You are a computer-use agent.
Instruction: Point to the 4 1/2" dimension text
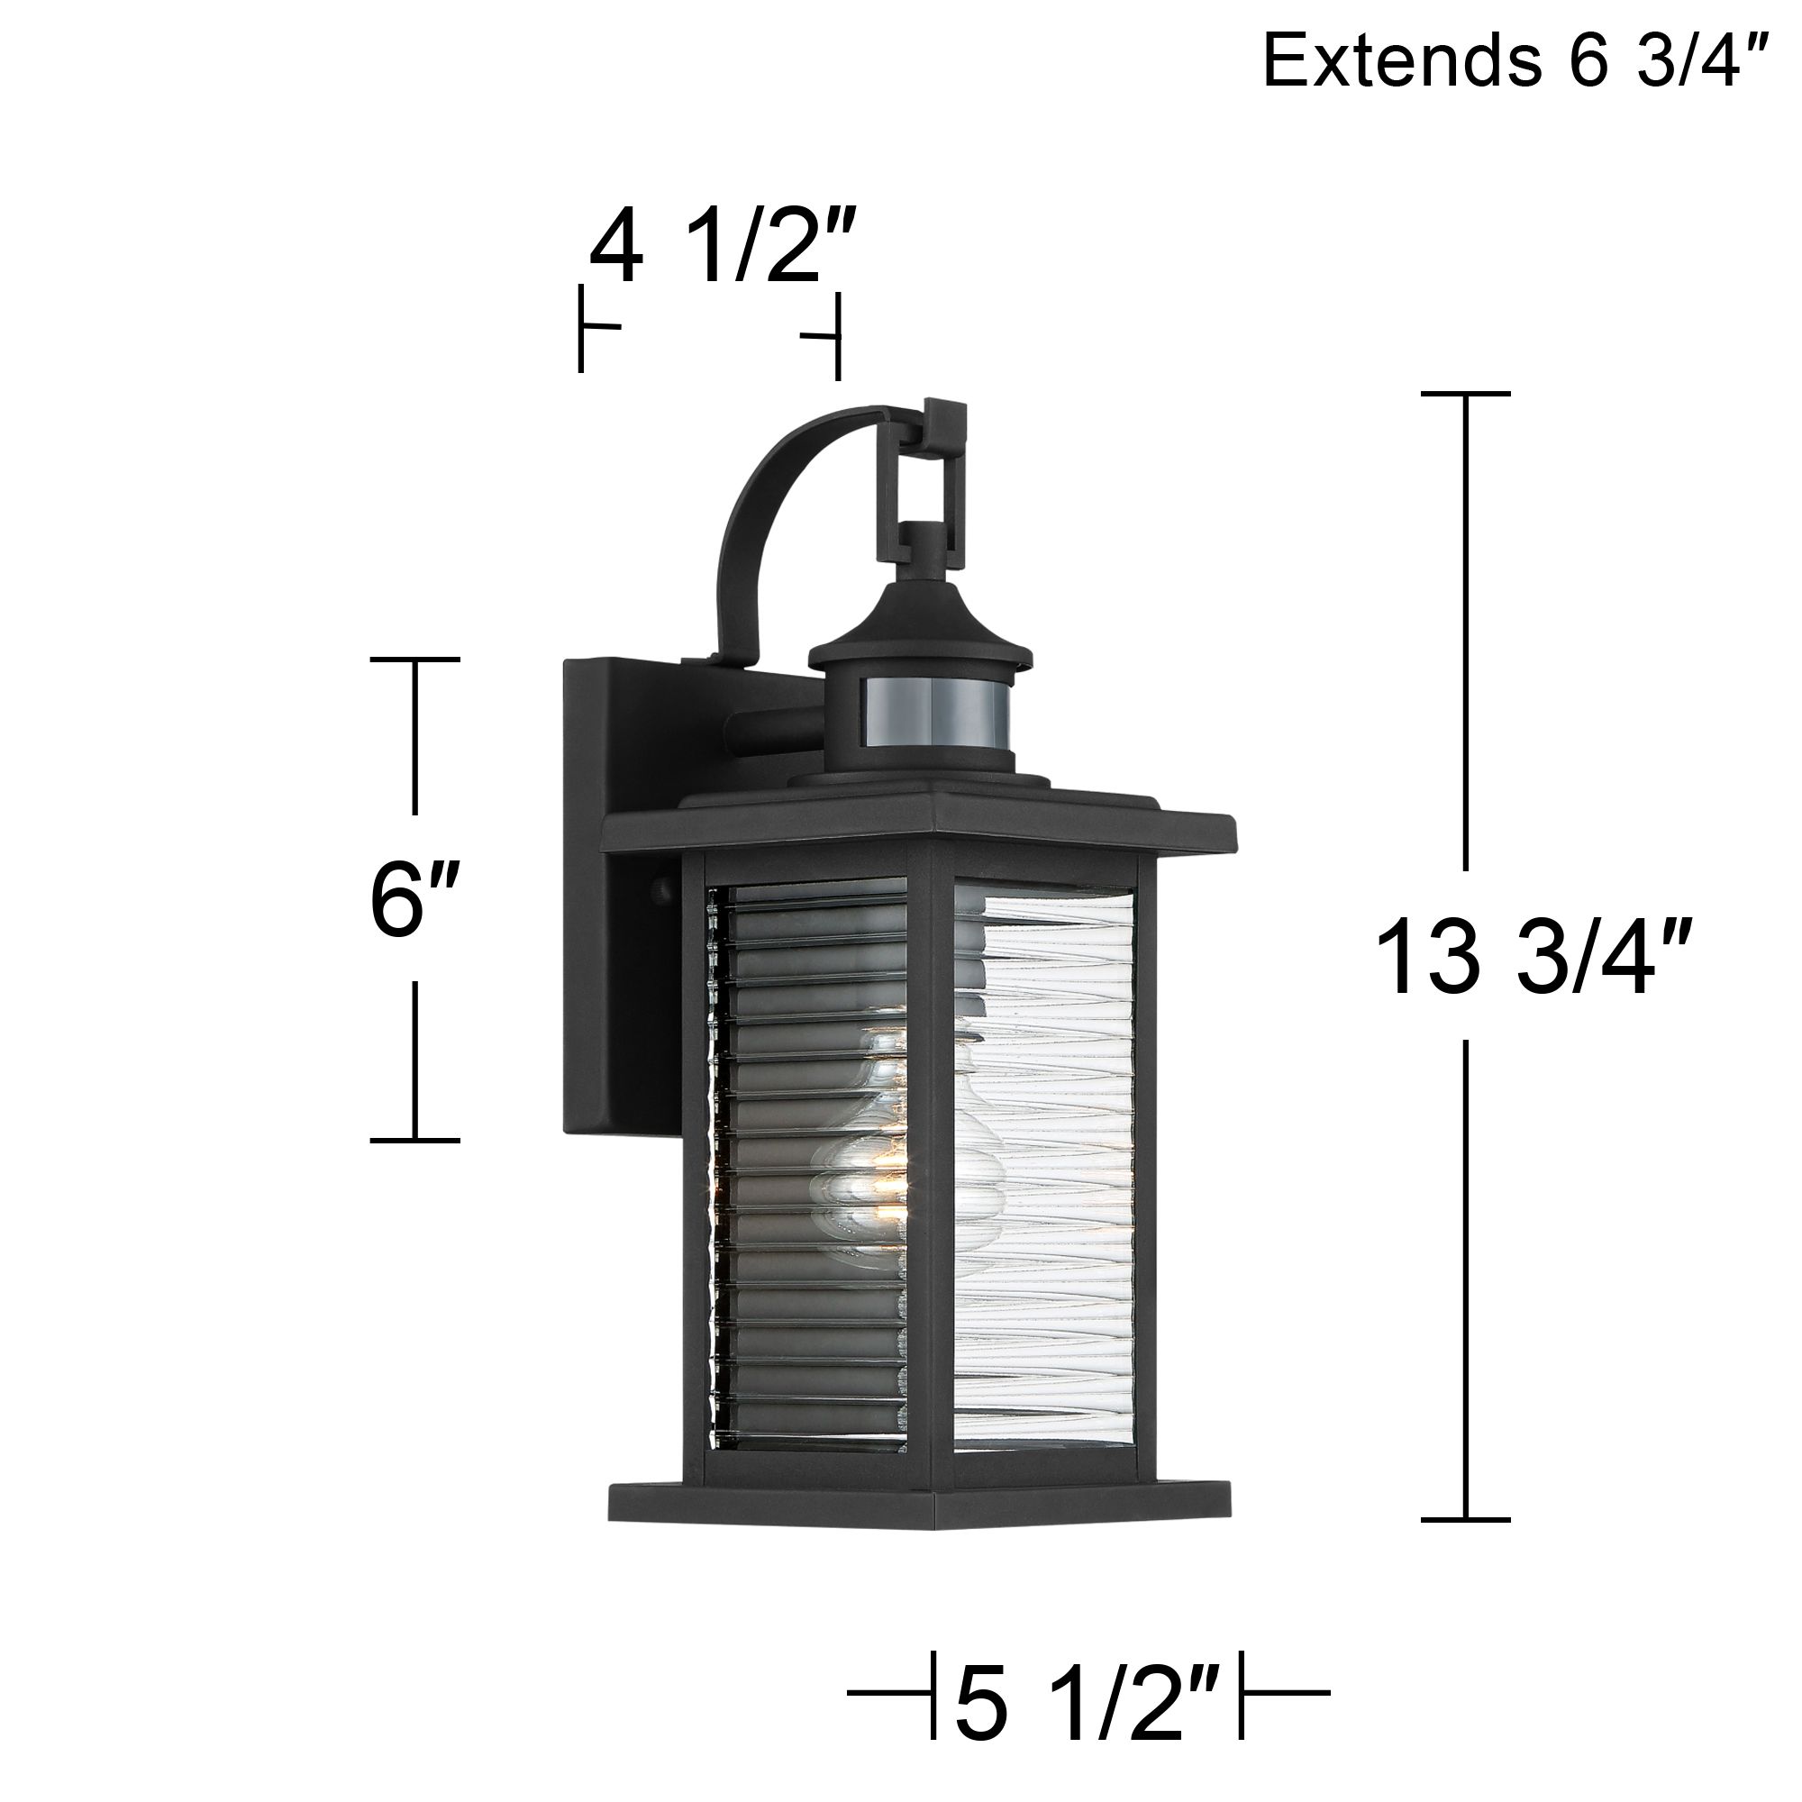(720, 248)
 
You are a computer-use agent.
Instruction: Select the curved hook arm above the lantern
(774, 504)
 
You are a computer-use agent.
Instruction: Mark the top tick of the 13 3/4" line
(1465, 395)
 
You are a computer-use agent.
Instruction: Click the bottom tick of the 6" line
(414, 1140)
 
